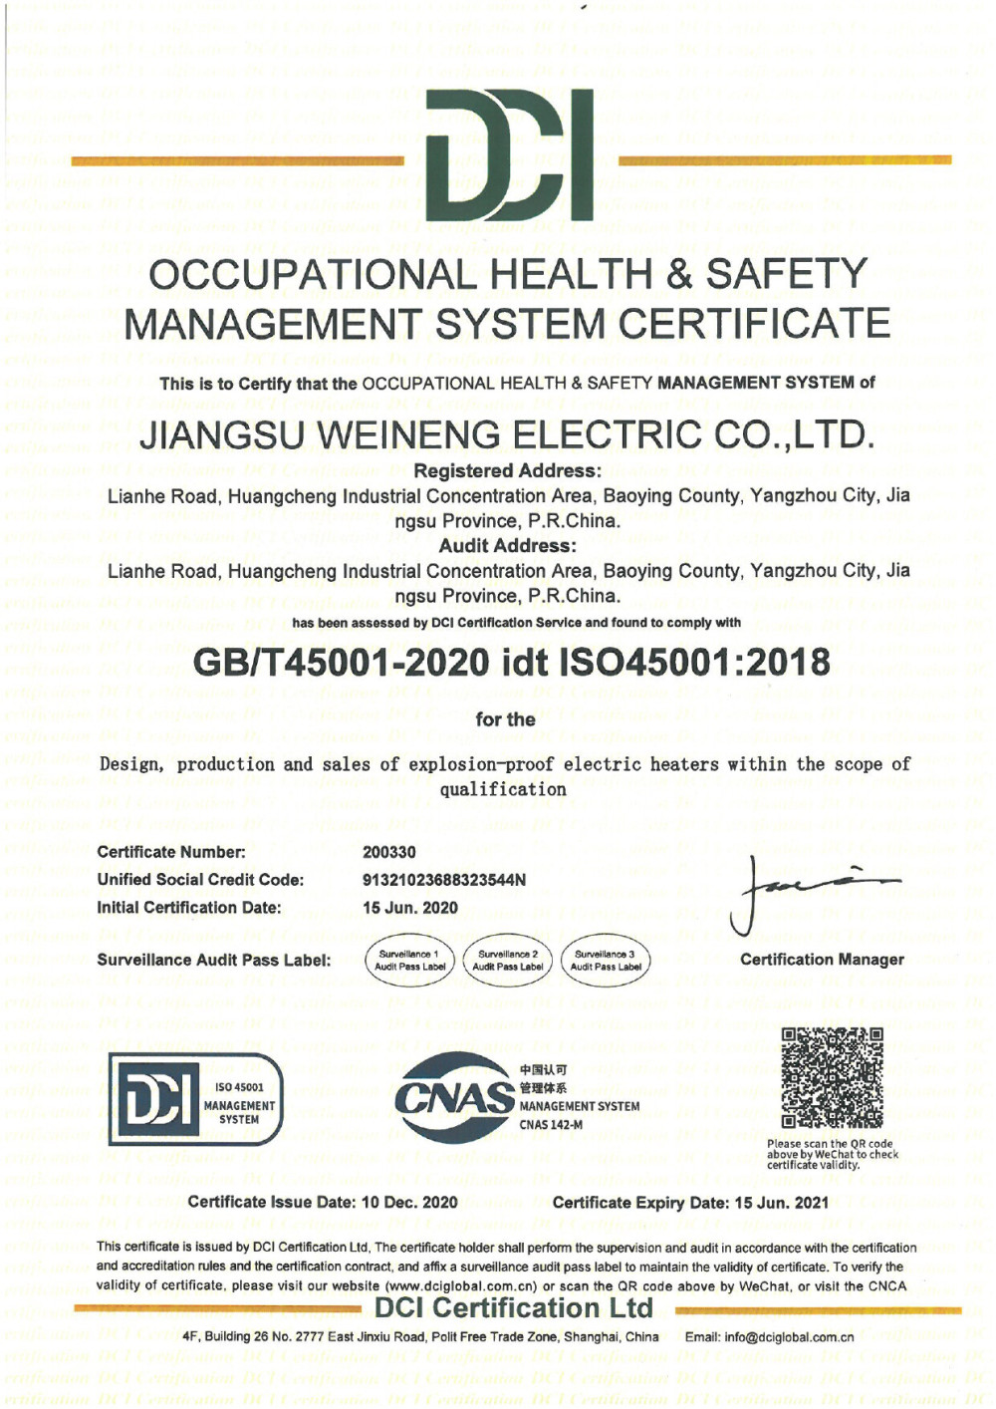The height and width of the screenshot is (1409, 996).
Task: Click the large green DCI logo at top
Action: tap(509, 154)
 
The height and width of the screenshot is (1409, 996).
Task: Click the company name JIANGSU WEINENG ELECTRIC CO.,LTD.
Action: tap(507, 434)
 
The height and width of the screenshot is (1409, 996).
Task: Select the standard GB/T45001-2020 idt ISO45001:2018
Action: tap(511, 662)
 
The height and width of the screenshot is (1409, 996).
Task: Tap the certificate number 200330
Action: tap(389, 852)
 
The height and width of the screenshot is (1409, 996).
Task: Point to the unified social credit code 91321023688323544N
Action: tap(443, 880)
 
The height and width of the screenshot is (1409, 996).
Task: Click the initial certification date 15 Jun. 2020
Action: tap(410, 908)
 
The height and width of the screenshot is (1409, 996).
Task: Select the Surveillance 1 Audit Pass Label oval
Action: tap(410, 961)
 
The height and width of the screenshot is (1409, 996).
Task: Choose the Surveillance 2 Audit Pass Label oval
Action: tap(508, 961)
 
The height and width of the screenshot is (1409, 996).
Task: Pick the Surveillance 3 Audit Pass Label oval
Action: tap(606, 961)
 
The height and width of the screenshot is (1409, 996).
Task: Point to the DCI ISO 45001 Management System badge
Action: tap(196, 1099)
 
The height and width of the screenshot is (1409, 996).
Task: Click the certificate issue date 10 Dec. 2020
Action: tap(409, 1202)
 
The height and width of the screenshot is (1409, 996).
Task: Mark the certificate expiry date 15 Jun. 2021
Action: tap(782, 1202)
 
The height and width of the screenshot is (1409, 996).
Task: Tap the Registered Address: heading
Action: tap(507, 471)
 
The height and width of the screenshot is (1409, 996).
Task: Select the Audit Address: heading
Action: tap(507, 546)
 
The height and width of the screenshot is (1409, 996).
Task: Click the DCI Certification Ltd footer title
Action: tap(514, 1307)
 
